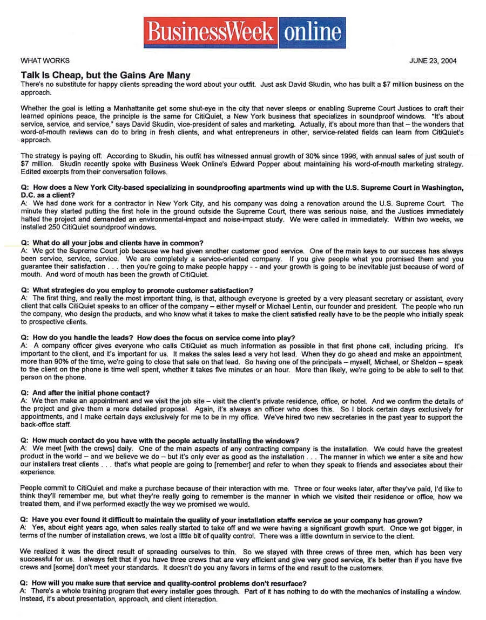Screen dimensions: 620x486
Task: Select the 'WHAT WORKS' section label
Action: (45, 61)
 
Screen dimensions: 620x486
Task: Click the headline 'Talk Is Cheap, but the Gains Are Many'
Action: (105, 75)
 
